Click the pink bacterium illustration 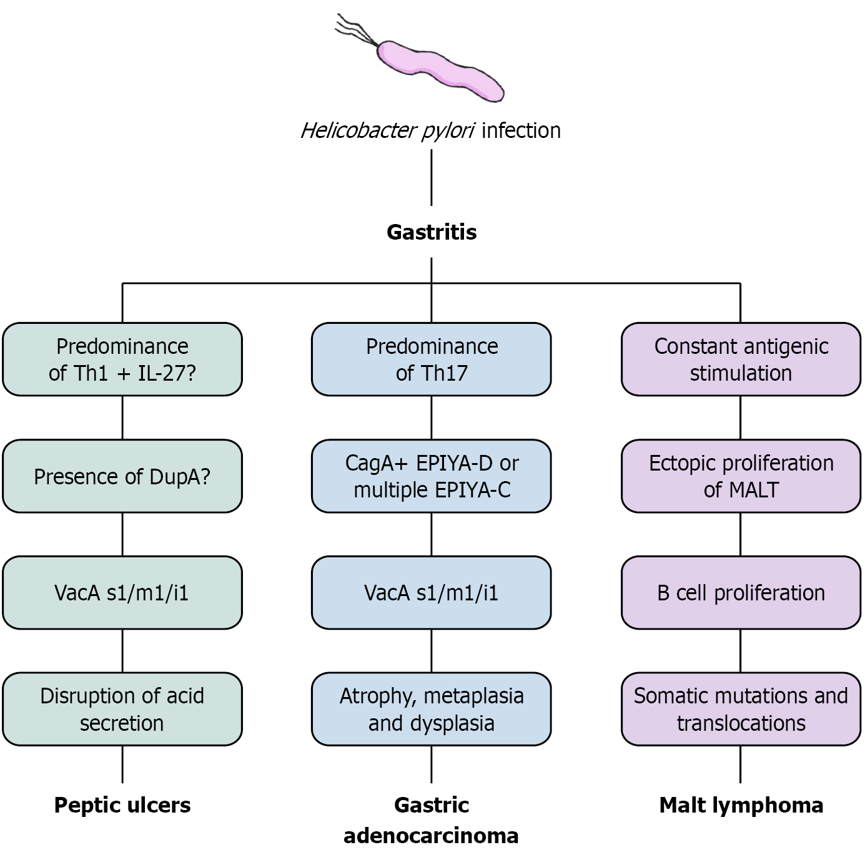(x=440, y=69)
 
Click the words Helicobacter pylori (x=387, y=130)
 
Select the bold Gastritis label (x=432, y=232)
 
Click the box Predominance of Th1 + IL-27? (x=122, y=359)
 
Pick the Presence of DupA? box (x=122, y=476)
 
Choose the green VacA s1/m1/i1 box (x=122, y=592)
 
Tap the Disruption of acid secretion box (x=122, y=709)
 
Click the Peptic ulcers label (x=122, y=805)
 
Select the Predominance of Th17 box (x=432, y=359)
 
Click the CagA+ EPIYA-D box (x=432, y=476)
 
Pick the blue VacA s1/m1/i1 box (x=432, y=592)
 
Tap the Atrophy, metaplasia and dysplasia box (x=432, y=709)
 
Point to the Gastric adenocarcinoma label (x=432, y=819)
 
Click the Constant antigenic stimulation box (x=741, y=359)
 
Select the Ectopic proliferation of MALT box (x=741, y=476)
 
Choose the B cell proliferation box (x=741, y=592)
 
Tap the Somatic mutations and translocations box (x=741, y=709)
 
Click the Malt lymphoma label (x=741, y=805)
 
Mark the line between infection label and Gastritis (x=432, y=178)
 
